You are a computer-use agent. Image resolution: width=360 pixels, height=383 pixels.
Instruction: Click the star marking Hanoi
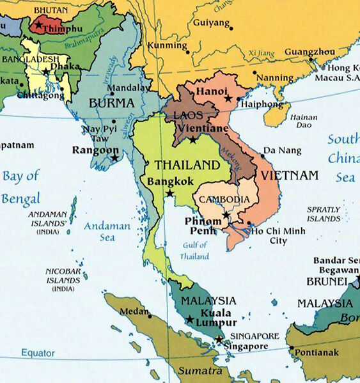pyautogui.click(x=228, y=99)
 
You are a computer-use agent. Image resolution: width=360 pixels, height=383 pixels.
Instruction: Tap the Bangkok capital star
pyautogui.click(x=169, y=193)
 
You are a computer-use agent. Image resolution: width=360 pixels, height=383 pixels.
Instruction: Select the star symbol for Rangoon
pyautogui.click(x=114, y=157)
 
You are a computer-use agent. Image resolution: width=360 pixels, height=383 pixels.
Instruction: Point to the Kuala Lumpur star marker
pyautogui.click(x=189, y=320)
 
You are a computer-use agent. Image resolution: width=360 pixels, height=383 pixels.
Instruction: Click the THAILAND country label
pyautogui.click(x=182, y=165)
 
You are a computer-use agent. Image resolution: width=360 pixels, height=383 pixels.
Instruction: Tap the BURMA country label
pyautogui.click(x=112, y=102)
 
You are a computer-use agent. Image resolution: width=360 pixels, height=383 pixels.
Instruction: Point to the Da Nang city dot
pyautogui.click(x=262, y=155)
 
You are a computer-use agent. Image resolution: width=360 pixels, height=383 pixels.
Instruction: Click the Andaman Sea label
pyautogui.click(x=100, y=231)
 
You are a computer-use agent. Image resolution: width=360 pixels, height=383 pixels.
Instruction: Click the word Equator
pyautogui.click(x=38, y=352)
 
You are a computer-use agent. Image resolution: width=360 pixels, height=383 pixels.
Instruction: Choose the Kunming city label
pyautogui.click(x=167, y=46)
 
